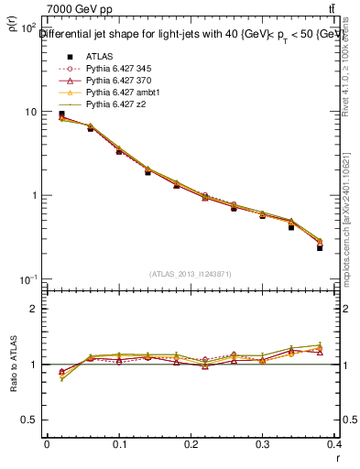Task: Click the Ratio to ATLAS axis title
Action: (12, 364)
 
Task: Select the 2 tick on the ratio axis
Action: (33, 309)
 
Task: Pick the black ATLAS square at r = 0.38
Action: (320, 247)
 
